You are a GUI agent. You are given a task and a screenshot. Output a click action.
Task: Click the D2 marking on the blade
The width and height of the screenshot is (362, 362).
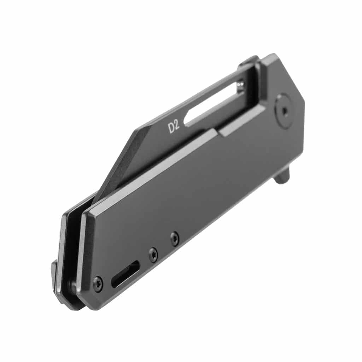tap(174, 127)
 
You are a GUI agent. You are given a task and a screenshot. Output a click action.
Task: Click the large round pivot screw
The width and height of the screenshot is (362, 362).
tap(285, 111)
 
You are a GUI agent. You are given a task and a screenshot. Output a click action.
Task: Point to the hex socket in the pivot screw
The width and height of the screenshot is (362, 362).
tap(285, 111)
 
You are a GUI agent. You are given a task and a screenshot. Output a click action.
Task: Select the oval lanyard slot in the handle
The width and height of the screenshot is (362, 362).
tap(125, 274)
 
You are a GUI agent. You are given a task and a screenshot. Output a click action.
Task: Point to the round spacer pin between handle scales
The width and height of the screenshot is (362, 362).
tap(72, 285)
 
